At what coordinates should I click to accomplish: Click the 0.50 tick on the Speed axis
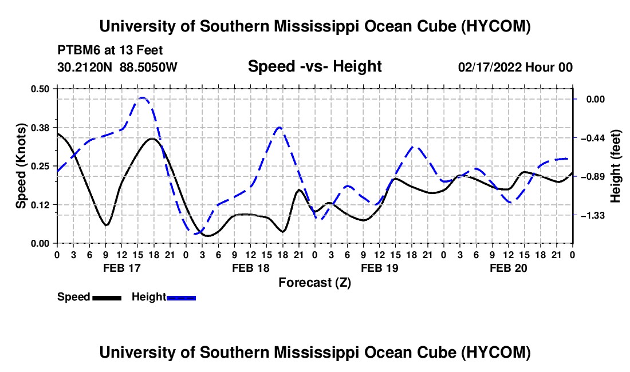click(x=40, y=89)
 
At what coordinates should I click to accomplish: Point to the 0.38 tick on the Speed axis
click(x=40, y=128)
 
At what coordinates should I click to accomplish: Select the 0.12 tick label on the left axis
click(x=40, y=205)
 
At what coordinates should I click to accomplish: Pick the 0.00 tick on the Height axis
click(x=596, y=100)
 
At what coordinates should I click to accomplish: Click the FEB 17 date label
click(x=122, y=268)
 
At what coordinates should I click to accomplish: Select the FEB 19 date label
click(x=379, y=268)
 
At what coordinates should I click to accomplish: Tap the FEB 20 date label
click(x=508, y=268)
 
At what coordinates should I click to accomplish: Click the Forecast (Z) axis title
click(x=314, y=283)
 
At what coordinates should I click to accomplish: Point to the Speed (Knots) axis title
click(x=21, y=166)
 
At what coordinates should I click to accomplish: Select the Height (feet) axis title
click(x=615, y=166)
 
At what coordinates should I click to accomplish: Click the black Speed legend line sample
click(x=107, y=298)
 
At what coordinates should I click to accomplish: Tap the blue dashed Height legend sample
click(x=181, y=298)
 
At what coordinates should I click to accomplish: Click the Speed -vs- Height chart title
click(x=314, y=66)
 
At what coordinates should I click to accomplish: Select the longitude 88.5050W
click(x=148, y=67)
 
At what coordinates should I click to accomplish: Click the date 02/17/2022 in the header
click(x=490, y=67)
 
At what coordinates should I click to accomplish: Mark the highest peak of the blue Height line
click(x=143, y=97)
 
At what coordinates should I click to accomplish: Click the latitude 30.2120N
click(x=85, y=67)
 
